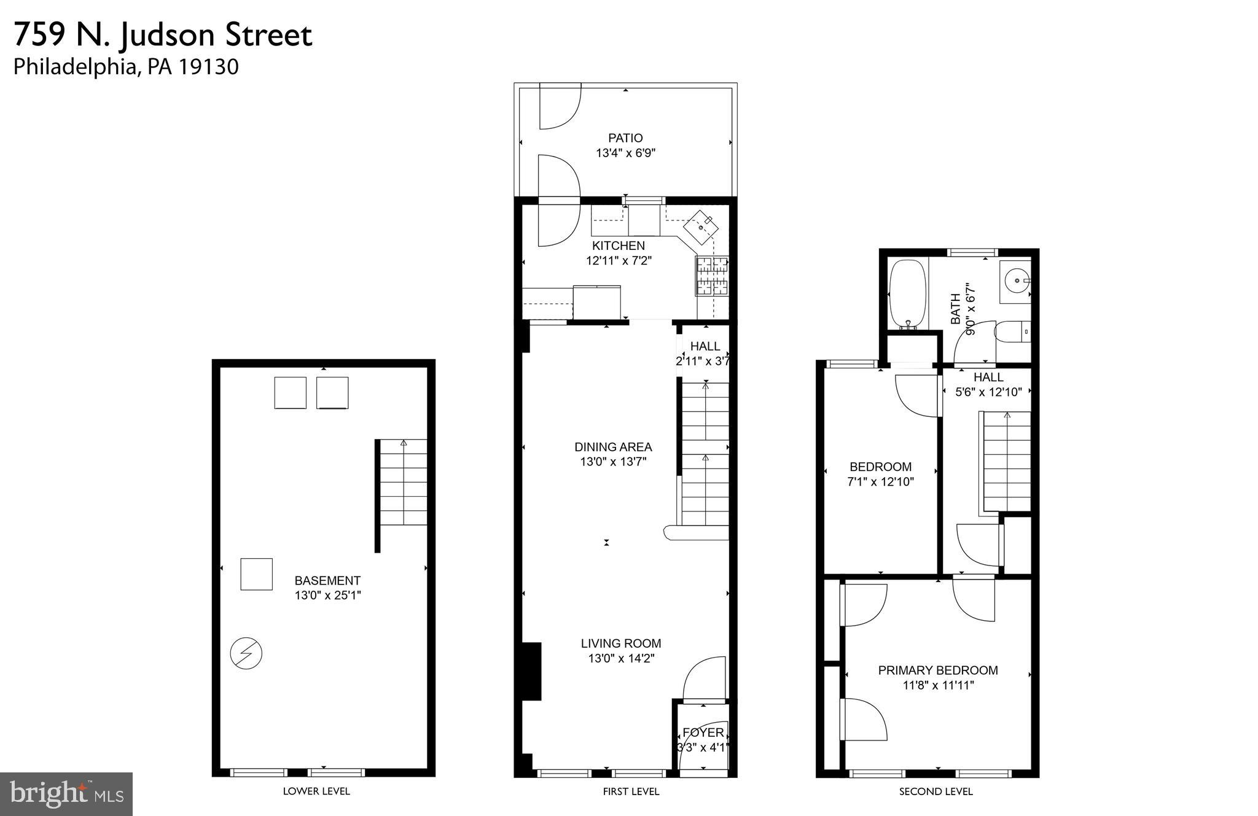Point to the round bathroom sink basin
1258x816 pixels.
(1017, 281)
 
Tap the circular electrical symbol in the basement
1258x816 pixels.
(246, 653)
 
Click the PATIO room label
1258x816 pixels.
(625, 138)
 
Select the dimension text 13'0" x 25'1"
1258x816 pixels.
(327, 595)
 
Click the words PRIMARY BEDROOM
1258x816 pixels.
(938, 670)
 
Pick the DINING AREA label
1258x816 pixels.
(613, 447)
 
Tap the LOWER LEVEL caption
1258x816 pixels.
(316, 791)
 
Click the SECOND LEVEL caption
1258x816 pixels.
(936, 792)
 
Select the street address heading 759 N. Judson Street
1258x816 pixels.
(163, 35)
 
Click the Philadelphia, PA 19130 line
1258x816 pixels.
(126, 67)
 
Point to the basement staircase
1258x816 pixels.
(403, 482)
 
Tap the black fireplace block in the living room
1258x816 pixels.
(531, 671)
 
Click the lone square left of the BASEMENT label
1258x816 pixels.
(256, 574)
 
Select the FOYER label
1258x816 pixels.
(703, 732)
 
